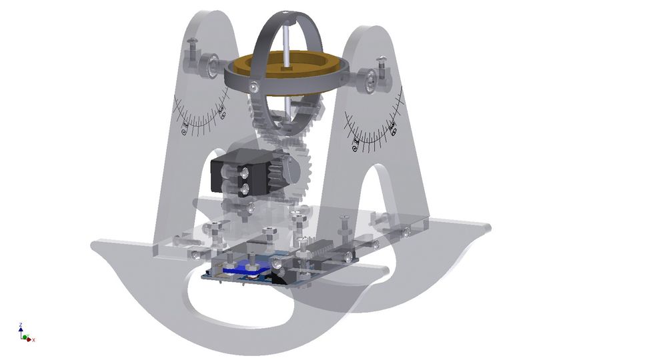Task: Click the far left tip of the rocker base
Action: point(93,245)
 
